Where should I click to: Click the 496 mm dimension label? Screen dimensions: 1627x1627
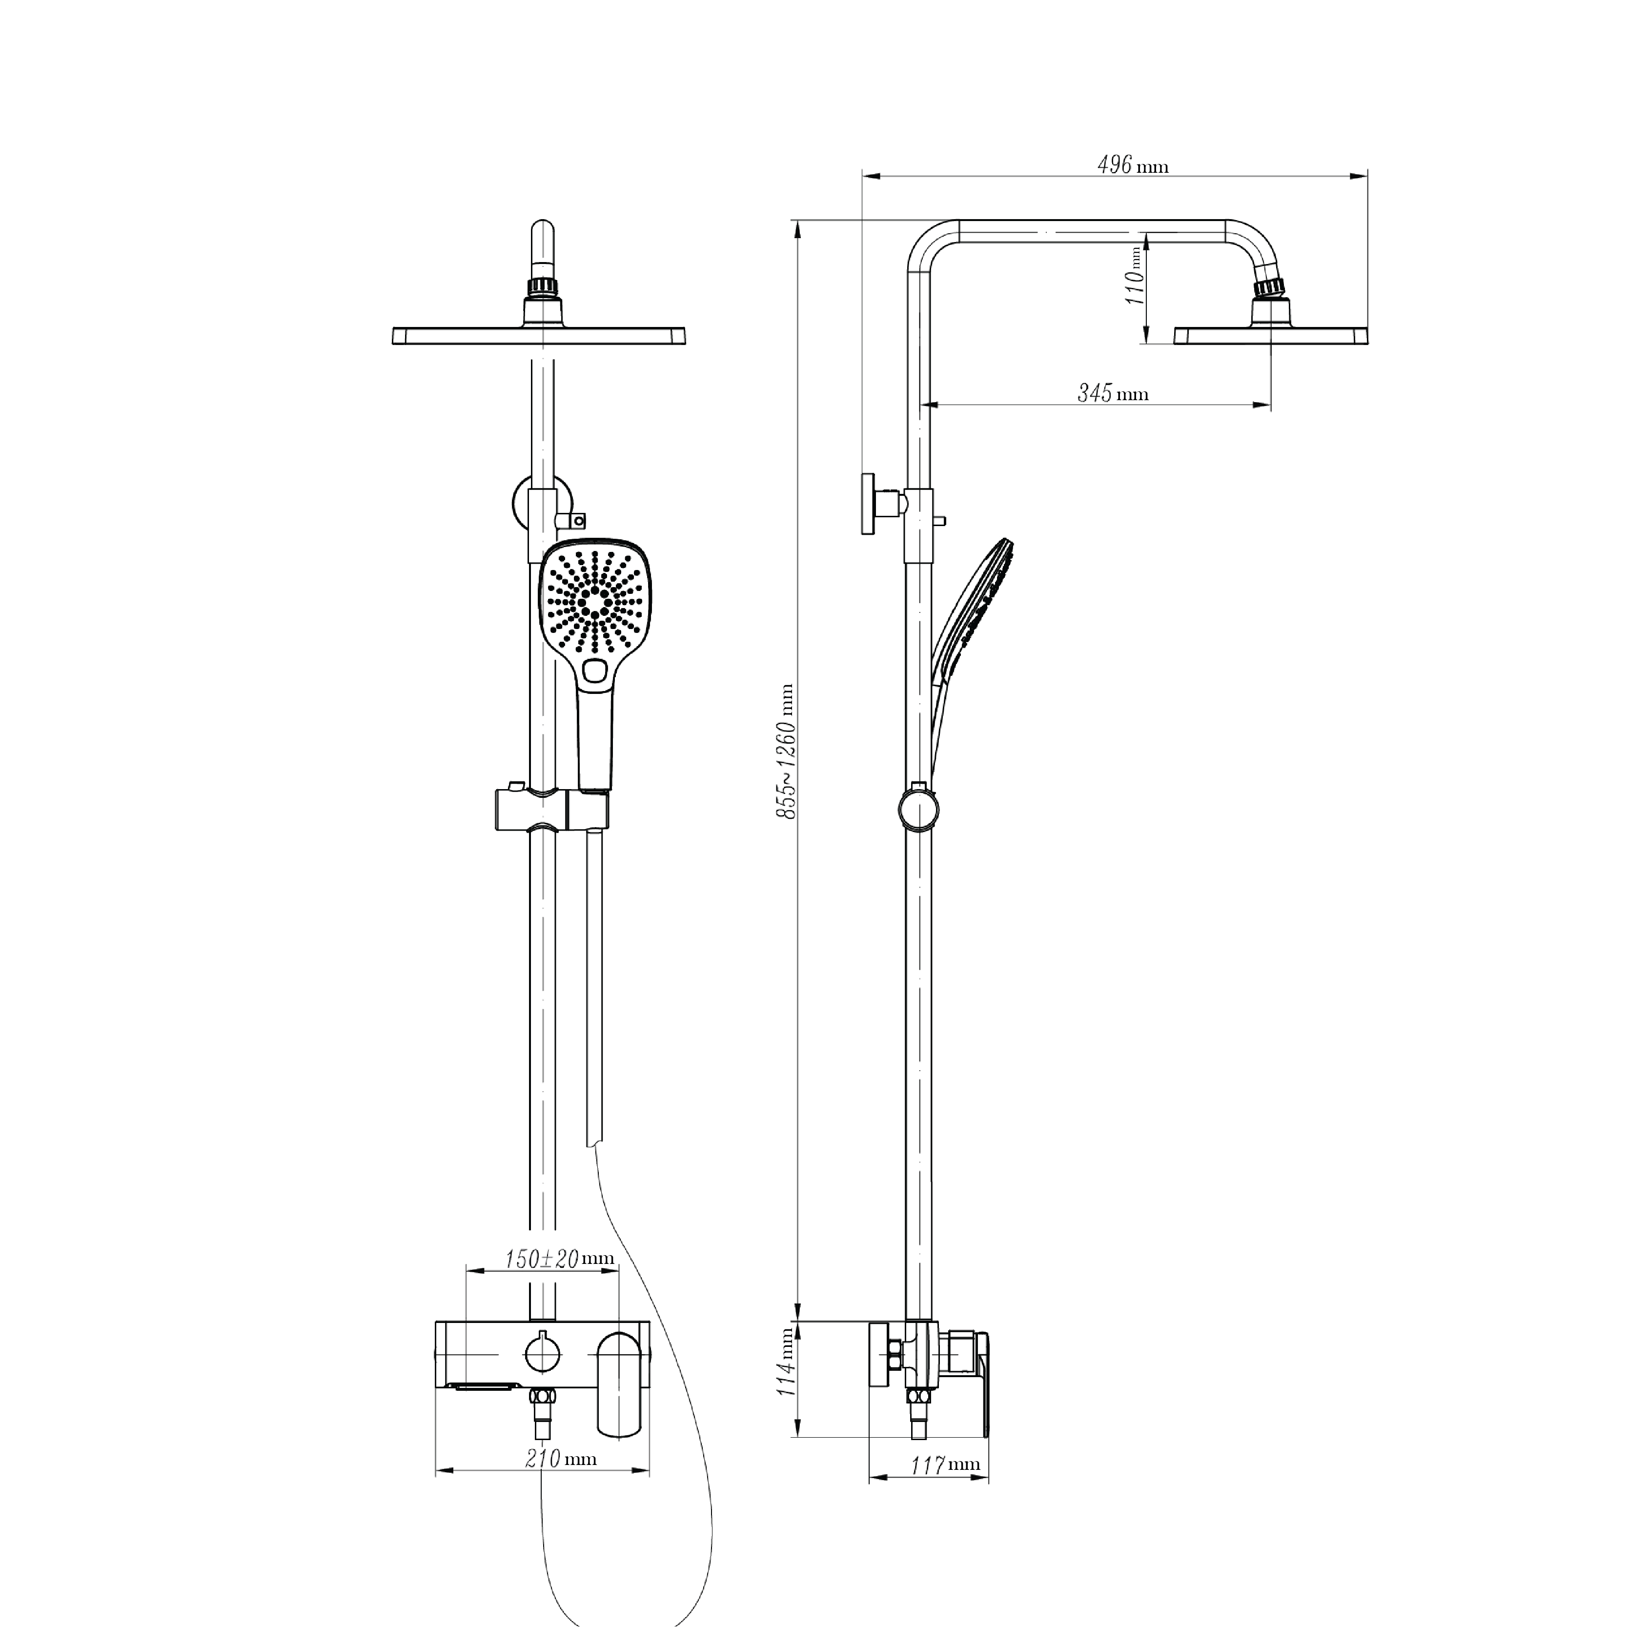[1133, 165]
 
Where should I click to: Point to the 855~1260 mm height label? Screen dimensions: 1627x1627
[786, 751]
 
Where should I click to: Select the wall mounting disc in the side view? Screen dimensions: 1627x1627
[868, 504]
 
